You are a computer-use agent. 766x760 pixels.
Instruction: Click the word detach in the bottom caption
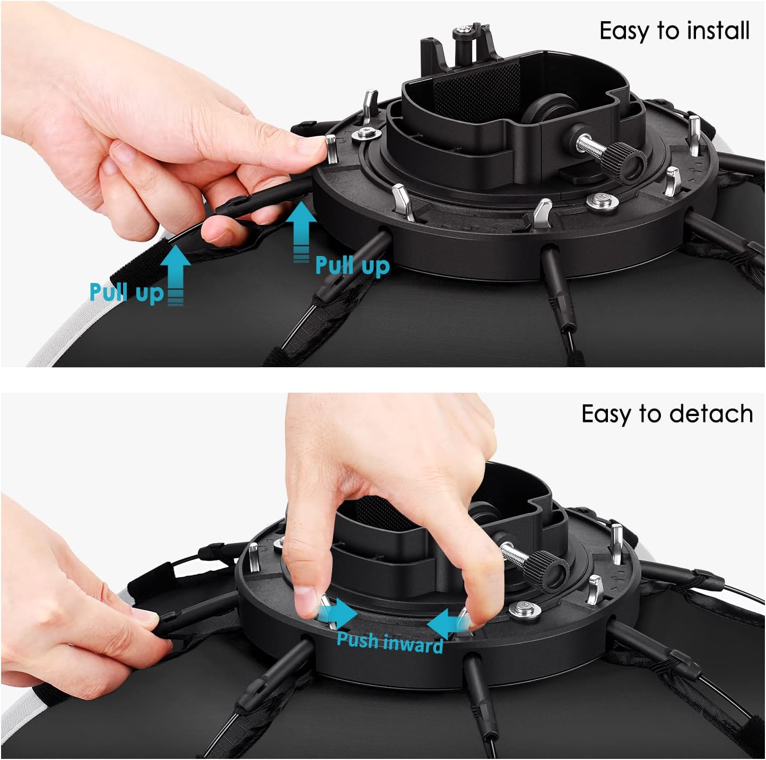click(x=711, y=413)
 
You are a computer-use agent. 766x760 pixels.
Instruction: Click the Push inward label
click(x=390, y=642)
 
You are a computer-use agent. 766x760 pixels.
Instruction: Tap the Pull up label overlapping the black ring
click(x=352, y=265)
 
